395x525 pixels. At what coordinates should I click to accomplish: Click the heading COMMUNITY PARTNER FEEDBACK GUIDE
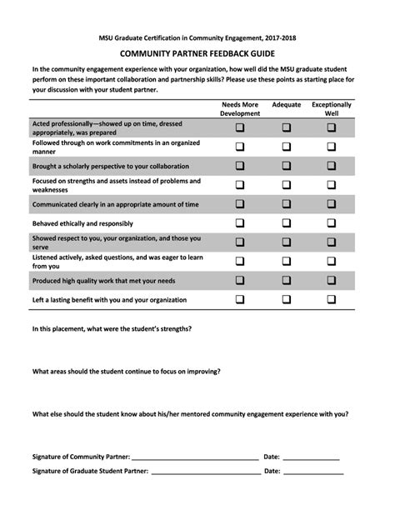[x=197, y=52]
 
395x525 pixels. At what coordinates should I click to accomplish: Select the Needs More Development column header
[x=240, y=109]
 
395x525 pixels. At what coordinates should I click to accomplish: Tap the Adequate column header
[x=287, y=105]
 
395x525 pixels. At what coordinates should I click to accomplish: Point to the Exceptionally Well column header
[x=332, y=109]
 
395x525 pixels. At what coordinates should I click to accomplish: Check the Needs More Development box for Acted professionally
[x=240, y=127]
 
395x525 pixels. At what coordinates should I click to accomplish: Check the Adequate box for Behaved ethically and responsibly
[x=287, y=223]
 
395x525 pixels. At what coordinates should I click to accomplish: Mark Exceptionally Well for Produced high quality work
[x=332, y=280]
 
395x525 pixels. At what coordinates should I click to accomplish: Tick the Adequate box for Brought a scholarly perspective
[x=287, y=166]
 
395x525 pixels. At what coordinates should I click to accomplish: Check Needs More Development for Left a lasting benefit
[x=240, y=299]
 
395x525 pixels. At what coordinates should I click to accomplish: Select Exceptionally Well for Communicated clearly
[x=332, y=204]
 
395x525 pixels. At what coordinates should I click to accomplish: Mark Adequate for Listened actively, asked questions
[x=287, y=261]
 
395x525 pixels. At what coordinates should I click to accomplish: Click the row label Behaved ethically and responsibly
[x=82, y=223]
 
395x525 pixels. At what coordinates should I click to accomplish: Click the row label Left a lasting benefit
[x=109, y=299]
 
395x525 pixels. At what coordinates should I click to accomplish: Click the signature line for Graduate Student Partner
[x=204, y=472]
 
